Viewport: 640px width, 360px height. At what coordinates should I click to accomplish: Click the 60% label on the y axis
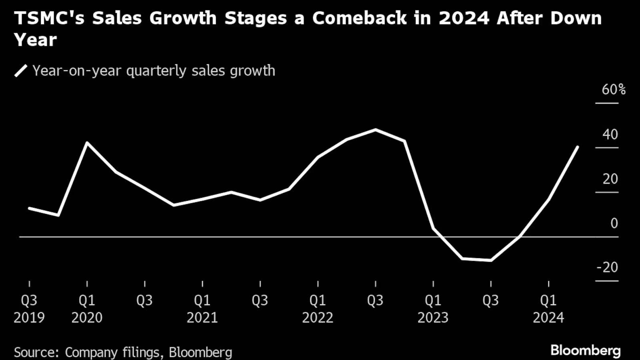613,90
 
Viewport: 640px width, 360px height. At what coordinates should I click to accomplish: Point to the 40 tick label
610,134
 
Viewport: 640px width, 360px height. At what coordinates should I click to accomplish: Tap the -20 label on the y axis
607,267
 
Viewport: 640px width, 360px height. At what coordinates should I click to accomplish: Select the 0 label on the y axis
614,223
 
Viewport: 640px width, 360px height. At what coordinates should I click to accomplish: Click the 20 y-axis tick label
610,179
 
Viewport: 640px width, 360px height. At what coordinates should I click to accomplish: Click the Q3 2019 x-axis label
29,309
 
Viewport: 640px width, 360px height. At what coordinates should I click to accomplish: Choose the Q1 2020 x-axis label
87,309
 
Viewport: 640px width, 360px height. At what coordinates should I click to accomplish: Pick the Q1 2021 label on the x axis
202,309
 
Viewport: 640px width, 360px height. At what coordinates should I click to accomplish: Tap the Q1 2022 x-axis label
318,309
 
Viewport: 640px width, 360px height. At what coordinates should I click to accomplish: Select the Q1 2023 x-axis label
433,309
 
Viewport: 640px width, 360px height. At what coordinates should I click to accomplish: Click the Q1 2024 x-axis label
548,309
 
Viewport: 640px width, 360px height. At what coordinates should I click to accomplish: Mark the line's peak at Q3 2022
376,130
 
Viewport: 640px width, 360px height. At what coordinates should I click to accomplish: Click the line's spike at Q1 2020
87,143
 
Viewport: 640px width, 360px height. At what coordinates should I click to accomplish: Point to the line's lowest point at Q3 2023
491,260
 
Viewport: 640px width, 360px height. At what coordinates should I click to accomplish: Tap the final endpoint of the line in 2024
577,147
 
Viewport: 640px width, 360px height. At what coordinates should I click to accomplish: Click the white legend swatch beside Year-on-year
21,71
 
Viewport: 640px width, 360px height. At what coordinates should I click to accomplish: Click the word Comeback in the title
359,18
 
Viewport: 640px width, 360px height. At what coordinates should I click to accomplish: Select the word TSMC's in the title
49,18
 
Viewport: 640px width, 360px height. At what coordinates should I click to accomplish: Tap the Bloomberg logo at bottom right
585,350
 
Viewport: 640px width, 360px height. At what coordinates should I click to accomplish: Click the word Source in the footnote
36,352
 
